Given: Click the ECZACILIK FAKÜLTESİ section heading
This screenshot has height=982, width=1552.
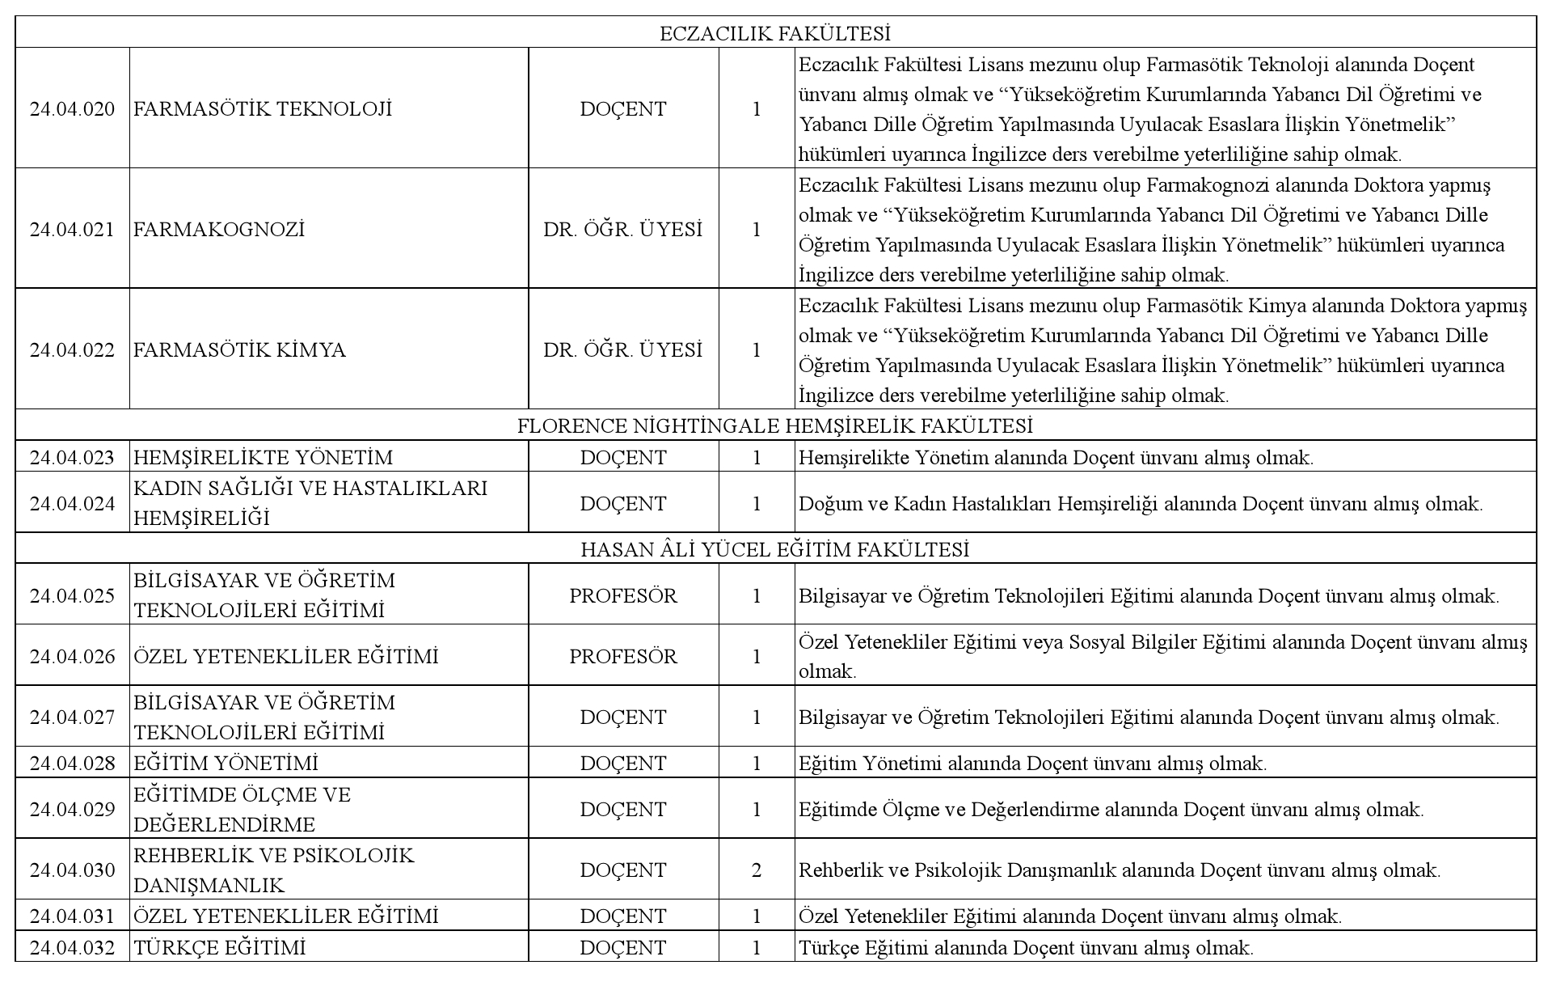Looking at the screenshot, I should [x=775, y=33].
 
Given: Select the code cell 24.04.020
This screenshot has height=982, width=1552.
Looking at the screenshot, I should [x=72, y=109].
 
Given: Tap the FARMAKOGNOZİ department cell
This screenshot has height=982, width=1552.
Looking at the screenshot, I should [x=219, y=230].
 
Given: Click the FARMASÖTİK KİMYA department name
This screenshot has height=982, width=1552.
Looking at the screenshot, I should [x=239, y=350].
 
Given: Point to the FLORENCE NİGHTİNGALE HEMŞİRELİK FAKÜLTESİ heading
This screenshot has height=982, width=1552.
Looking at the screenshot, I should [x=775, y=425].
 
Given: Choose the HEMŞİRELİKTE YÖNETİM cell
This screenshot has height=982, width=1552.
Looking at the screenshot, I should [x=263, y=458].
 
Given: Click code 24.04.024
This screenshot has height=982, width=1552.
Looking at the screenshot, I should [x=72, y=504].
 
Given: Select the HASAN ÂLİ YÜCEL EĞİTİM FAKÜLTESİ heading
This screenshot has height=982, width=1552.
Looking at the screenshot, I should [x=775, y=549].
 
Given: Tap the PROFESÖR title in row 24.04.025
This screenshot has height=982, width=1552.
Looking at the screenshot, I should [x=623, y=596].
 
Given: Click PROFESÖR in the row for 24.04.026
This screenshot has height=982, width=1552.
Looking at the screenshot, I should [x=623, y=656].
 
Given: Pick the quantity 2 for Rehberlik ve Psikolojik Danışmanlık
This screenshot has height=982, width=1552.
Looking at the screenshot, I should [x=757, y=870].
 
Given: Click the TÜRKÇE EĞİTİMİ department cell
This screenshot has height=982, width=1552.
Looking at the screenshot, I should [x=220, y=947].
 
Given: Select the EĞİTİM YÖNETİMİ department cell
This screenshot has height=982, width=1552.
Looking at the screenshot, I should [x=226, y=764].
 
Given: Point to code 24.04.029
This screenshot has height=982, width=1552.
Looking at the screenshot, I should [x=72, y=810].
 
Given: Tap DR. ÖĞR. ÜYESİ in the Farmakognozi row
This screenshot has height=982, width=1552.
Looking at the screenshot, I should [x=623, y=230].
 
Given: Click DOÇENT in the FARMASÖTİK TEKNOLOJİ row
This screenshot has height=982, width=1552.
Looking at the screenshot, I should [x=623, y=109].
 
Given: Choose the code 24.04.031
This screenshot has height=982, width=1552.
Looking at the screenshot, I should [x=72, y=916].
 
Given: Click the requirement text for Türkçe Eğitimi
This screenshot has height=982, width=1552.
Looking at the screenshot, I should [x=1026, y=947].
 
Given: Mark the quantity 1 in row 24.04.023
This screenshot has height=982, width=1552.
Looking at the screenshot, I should [x=757, y=458].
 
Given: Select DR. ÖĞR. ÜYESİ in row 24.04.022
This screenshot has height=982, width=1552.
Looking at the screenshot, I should [x=623, y=350].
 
